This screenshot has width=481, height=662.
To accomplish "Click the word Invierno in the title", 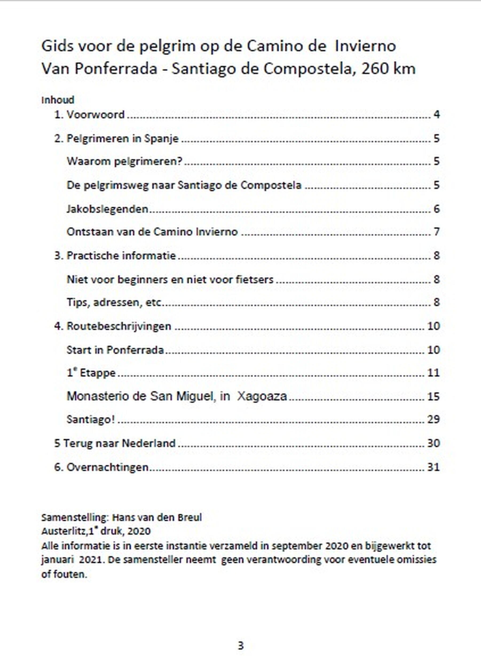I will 365,46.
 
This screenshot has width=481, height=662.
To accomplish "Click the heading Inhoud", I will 58,100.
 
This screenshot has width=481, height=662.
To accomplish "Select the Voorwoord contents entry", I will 96,115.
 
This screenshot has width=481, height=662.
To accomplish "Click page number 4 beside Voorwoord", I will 437,115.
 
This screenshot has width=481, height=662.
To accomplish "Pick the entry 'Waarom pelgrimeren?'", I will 124,161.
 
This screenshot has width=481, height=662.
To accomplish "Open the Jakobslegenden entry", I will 107,209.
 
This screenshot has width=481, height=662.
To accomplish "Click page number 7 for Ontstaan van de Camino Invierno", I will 437,232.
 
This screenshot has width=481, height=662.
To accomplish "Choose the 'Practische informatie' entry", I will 121,256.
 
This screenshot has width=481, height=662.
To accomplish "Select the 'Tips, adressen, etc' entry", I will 114,302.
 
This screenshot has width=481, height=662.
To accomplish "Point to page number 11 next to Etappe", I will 433,373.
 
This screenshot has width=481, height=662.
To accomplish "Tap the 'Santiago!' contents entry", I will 90,420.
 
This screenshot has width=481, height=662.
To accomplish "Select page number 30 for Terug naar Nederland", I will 433,443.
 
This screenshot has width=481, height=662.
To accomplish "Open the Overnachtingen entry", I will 107,467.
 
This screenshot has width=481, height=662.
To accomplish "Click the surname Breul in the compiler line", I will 190,518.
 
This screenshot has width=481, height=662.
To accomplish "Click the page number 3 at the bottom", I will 240,645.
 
